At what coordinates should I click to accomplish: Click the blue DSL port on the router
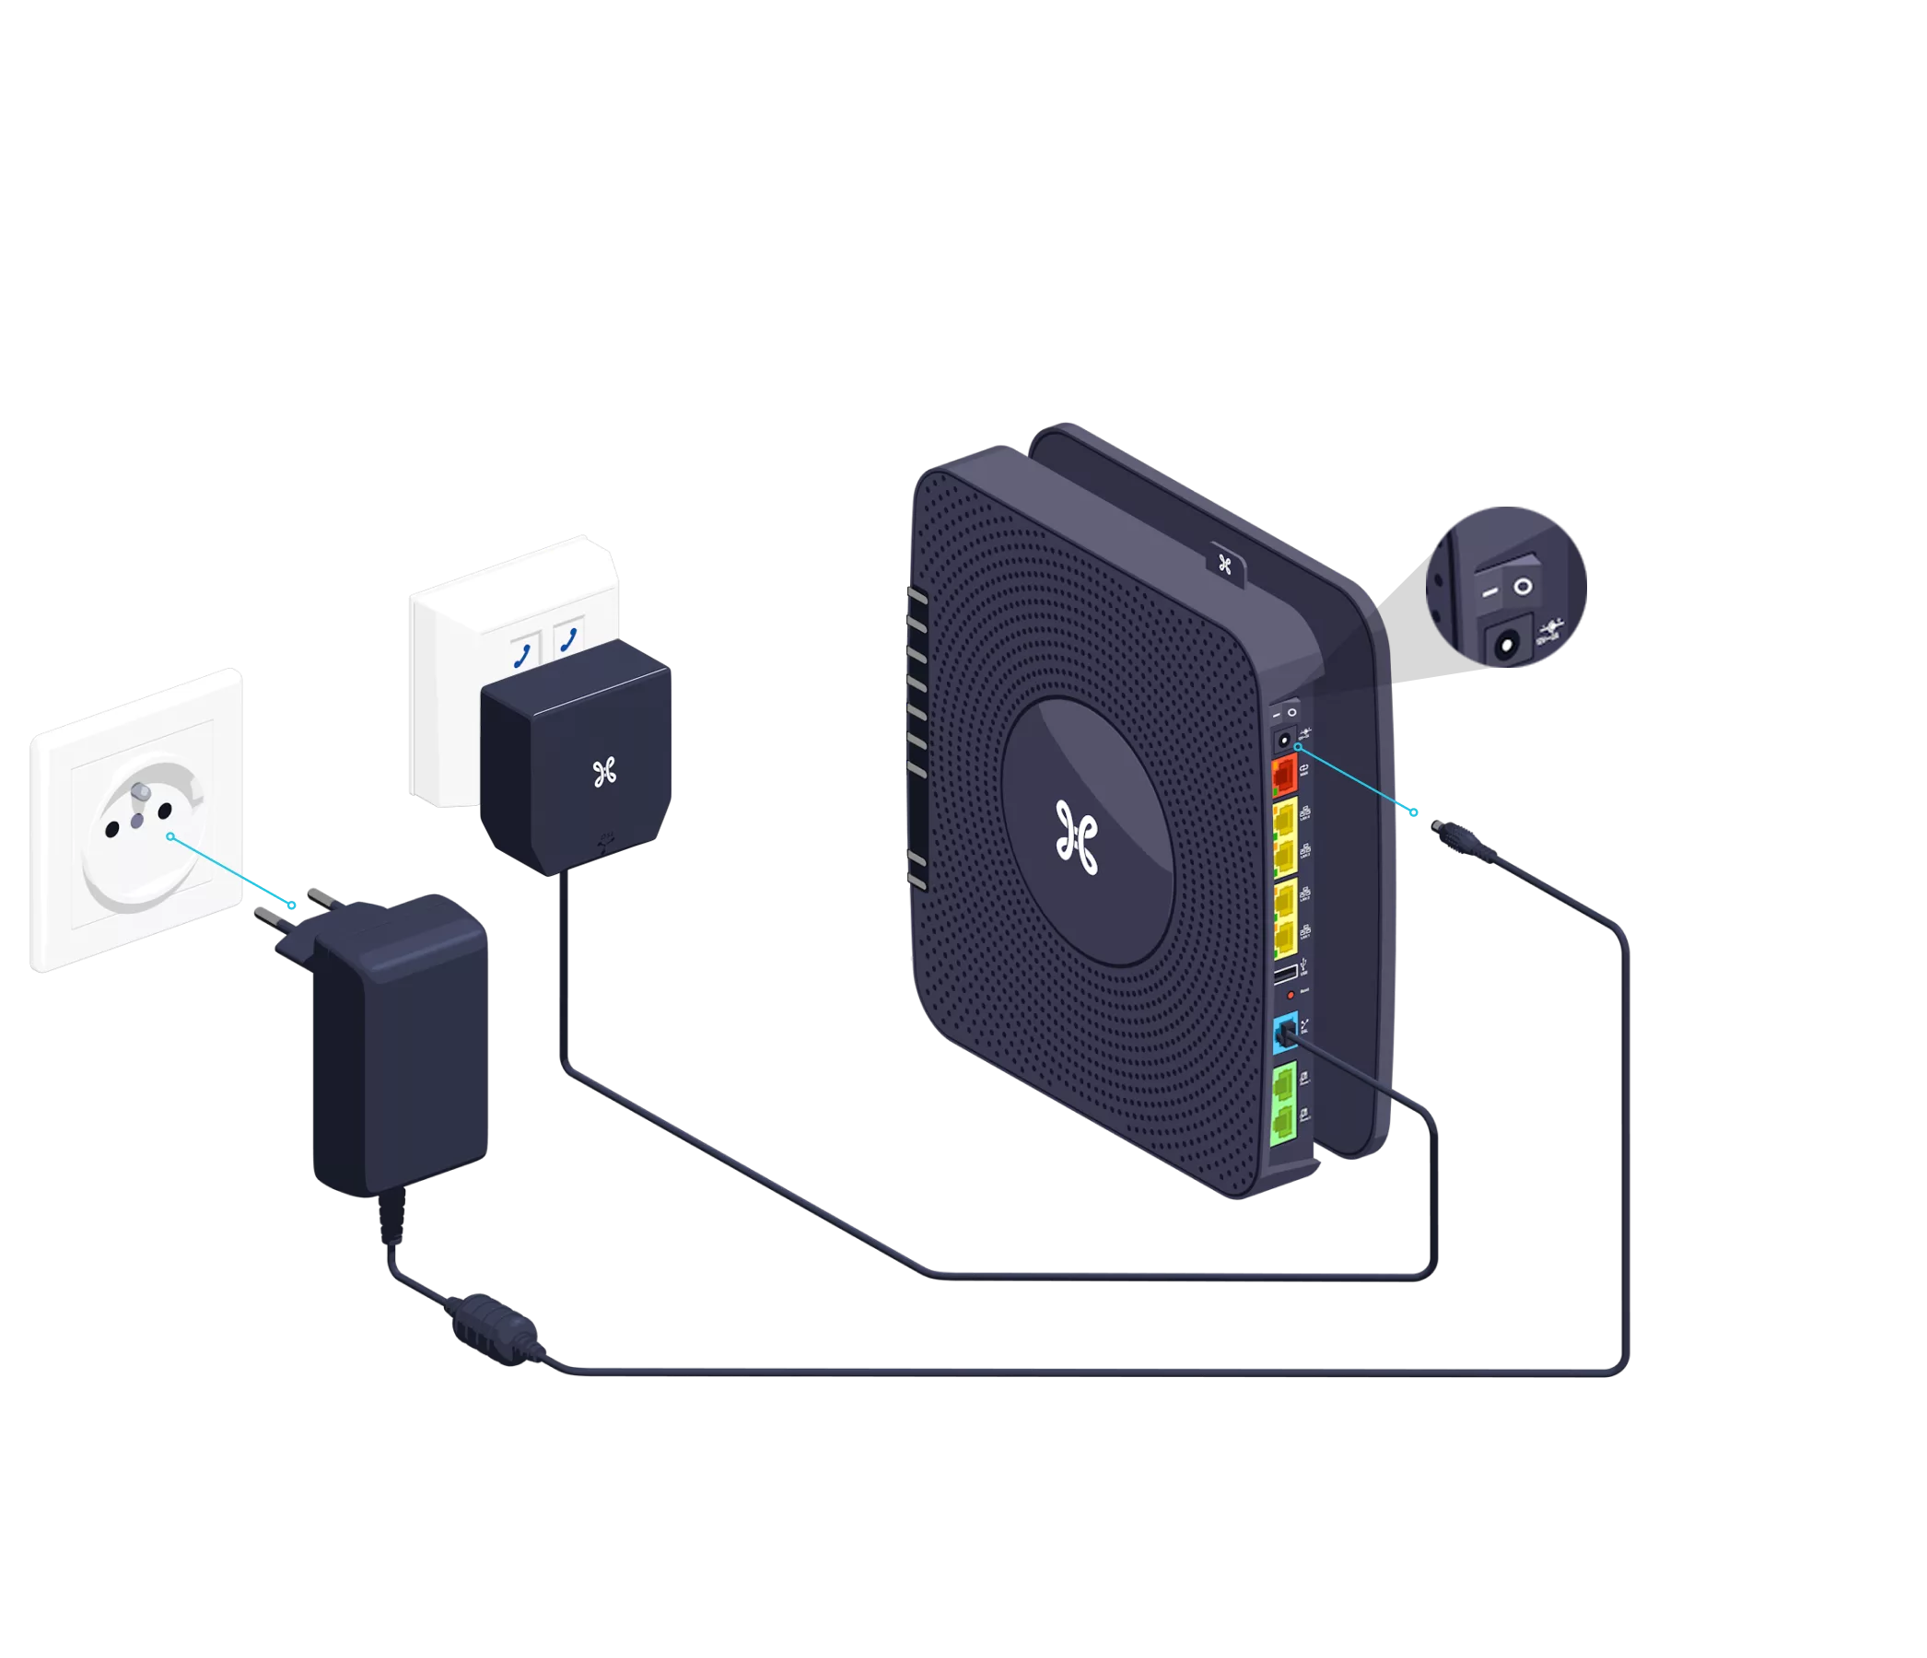click(1284, 1032)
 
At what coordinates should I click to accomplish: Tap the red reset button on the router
click(1290, 995)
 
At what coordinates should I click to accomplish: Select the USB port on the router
click(1284, 975)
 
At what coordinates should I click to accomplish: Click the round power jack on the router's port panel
click(1283, 741)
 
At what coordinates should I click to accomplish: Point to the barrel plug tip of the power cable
click(1437, 823)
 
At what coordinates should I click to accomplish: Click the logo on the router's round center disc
click(1077, 838)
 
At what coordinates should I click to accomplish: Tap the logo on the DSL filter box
click(604, 772)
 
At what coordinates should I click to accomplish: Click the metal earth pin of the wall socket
click(140, 792)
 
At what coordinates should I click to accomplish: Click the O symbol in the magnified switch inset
click(1523, 587)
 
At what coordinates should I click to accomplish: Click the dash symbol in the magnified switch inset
click(1489, 591)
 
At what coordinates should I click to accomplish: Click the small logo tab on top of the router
click(1225, 563)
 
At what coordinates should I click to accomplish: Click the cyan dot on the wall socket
click(170, 837)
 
